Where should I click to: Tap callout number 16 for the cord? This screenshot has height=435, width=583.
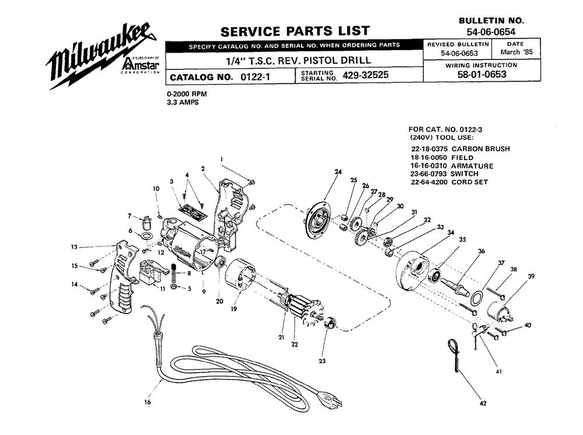[x=147, y=402]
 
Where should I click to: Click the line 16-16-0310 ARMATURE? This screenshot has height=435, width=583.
[x=452, y=166]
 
